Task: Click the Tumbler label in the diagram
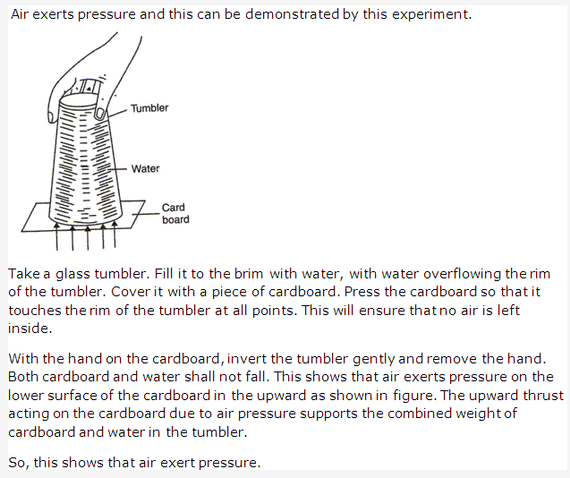point(149,108)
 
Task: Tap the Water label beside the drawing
point(145,168)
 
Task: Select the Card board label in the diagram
point(174,214)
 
